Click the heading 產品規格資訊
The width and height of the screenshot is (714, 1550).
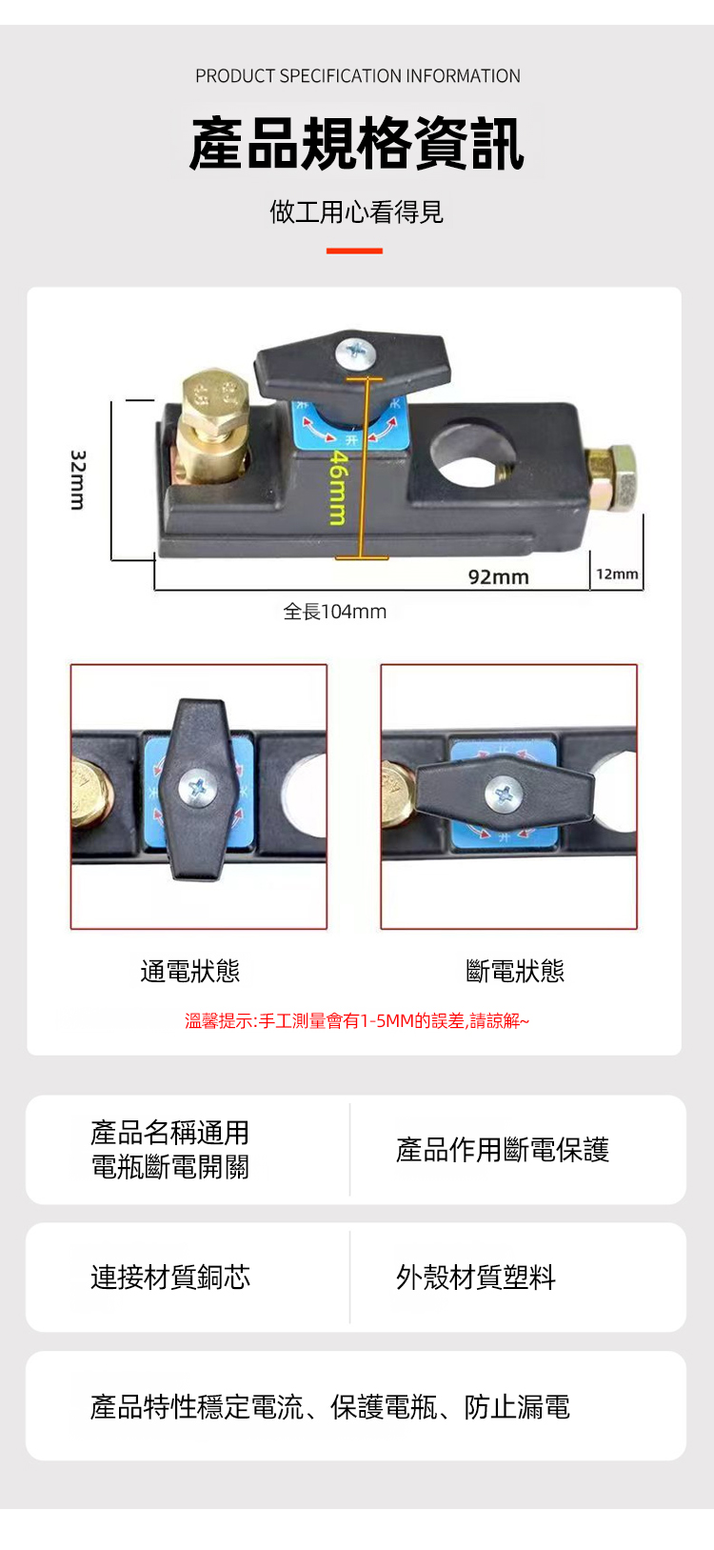tap(357, 143)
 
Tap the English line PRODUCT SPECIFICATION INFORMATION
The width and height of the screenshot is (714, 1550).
tap(357, 76)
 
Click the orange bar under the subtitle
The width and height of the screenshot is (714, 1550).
tap(354, 251)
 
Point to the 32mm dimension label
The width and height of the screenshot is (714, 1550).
tap(78, 479)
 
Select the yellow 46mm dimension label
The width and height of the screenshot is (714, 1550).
tap(337, 487)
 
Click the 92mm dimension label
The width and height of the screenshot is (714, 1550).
tap(498, 577)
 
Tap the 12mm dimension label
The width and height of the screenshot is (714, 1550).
tap(617, 574)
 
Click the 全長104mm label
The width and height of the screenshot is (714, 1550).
tap(334, 612)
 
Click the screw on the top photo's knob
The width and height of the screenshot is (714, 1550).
tap(357, 352)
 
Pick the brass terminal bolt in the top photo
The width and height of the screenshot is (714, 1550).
tap(213, 426)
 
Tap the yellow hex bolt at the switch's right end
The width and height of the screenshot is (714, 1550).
tap(612, 478)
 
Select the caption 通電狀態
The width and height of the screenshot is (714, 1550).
tap(190, 972)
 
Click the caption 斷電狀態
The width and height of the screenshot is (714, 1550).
tap(515, 972)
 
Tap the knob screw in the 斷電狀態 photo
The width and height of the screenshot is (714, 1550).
tap(506, 793)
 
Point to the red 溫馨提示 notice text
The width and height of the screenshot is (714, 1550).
tap(357, 1020)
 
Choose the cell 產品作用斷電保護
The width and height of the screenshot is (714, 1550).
tap(503, 1149)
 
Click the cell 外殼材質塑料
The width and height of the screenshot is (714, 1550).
tap(476, 1277)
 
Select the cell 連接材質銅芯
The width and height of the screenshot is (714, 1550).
tap(170, 1277)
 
